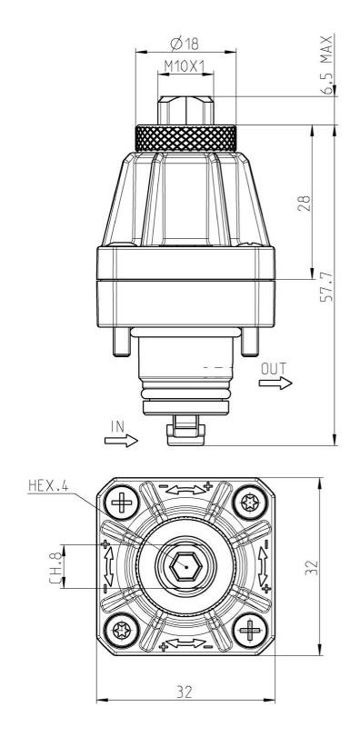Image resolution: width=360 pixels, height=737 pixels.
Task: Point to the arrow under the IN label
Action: [x=120, y=440]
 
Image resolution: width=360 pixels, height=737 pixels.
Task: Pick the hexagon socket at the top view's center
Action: [x=185, y=565]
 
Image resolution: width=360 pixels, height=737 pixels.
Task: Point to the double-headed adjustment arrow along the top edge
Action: [x=185, y=489]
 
